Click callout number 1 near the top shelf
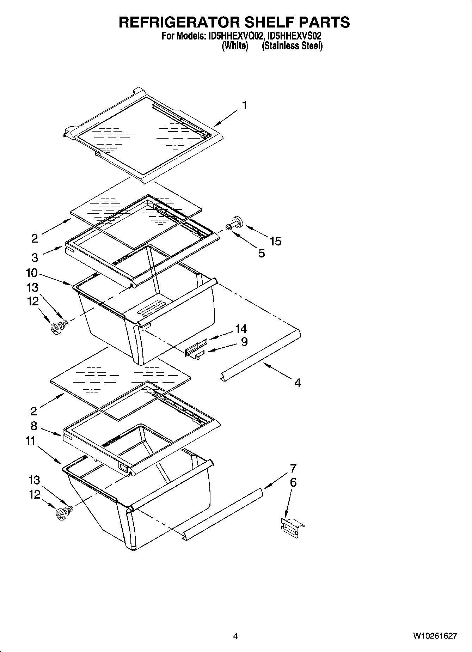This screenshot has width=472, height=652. point(244,105)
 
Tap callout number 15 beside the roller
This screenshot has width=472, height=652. point(275,242)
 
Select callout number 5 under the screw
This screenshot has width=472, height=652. point(261,253)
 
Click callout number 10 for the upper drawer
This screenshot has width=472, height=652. point(31,273)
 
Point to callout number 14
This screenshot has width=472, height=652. point(241,329)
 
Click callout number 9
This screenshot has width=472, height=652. point(244,341)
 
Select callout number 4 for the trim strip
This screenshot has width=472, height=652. point(298,383)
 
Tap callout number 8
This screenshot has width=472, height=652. point(34,426)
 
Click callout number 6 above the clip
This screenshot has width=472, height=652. point(293,482)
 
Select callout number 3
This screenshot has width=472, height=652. point(35,257)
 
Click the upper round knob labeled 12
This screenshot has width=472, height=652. point(55,329)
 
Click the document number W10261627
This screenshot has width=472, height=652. point(435,636)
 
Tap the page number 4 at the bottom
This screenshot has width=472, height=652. point(235,636)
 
